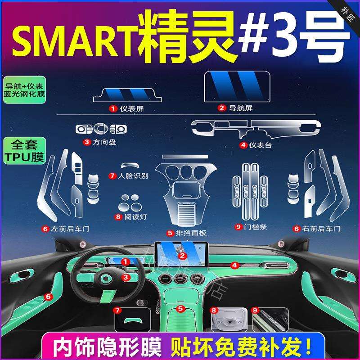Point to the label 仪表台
tap(261, 145)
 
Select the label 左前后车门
tap(70, 229)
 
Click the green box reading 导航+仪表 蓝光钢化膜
tap(25, 89)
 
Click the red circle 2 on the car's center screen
tap(182, 256)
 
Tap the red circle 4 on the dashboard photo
tap(234, 265)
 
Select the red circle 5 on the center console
tap(180, 309)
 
